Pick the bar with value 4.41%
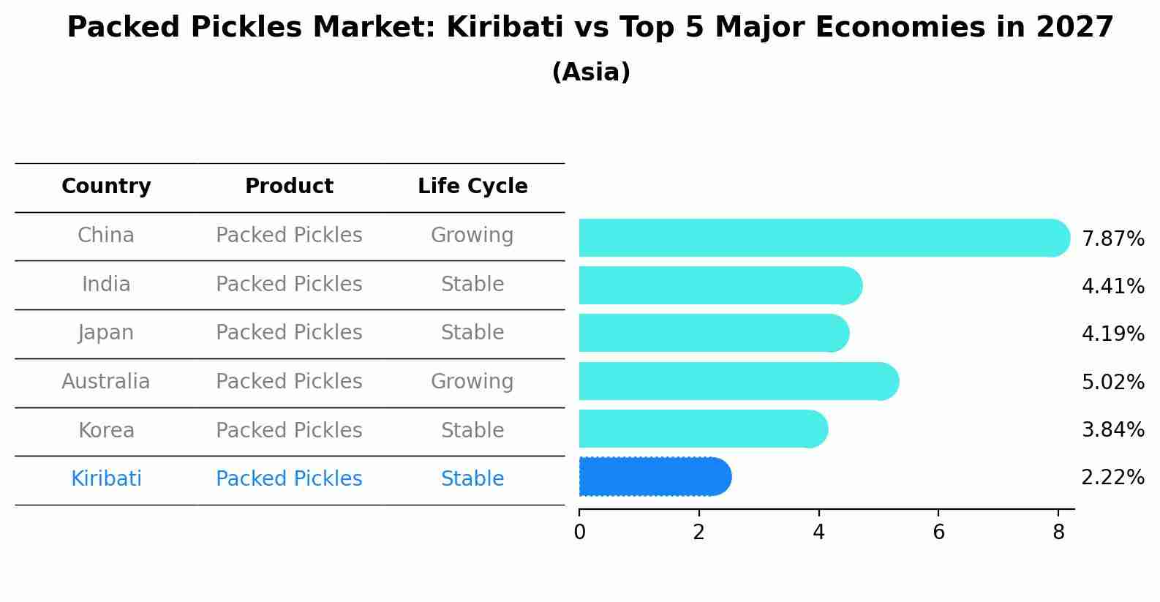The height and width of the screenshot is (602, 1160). pos(717,285)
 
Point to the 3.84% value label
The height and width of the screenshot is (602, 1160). pos(1112,429)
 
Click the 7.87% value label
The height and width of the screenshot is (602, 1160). pos(1112,238)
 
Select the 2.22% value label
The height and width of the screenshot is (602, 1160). pos(1112,478)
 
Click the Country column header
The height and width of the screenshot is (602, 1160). pos(106,187)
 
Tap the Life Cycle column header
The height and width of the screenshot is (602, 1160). pos(472,187)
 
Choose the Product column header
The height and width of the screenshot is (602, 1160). pos(289,187)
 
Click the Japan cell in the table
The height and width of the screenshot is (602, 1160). pos(106,333)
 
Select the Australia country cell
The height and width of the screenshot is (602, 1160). pos(106,381)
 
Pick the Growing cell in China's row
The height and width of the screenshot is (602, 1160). pos(472,236)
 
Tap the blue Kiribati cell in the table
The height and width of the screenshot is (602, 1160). pos(106,479)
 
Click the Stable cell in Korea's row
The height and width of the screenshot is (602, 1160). pos(472,430)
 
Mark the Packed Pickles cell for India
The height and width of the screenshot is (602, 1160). pos(289,284)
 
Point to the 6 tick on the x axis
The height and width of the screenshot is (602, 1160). pos(938,533)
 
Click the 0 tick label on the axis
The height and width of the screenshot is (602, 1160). pos(579,533)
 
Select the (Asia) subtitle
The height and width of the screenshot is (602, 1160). pos(591,72)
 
